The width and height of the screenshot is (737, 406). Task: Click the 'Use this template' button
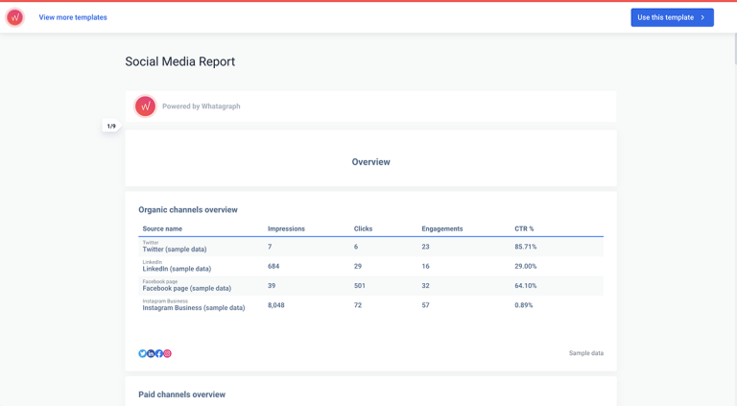(x=672, y=17)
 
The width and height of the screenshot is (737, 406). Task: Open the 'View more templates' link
(x=73, y=17)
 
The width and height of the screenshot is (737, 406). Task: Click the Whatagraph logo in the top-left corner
(x=15, y=17)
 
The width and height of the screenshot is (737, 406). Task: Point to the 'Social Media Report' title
(x=179, y=61)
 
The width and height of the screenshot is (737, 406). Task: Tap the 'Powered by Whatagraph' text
(x=201, y=107)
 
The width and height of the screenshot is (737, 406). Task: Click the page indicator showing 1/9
(x=111, y=126)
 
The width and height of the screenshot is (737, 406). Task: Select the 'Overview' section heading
(x=370, y=162)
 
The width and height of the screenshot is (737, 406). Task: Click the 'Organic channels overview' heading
(x=187, y=209)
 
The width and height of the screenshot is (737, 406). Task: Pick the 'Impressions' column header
(x=286, y=228)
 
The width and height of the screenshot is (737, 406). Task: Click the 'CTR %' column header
(x=524, y=228)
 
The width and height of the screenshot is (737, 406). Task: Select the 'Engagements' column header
(x=441, y=228)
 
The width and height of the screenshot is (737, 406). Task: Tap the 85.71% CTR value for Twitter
(x=525, y=247)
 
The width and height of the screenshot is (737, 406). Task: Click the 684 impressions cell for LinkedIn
(x=273, y=266)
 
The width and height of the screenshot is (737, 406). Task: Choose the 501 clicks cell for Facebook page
(x=360, y=286)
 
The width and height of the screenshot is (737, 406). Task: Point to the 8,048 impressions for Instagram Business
(x=275, y=305)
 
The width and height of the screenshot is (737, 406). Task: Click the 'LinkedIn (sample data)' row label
(x=177, y=269)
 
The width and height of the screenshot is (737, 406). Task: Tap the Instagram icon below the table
(x=167, y=353)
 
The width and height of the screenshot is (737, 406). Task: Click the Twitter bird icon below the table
(x=143, y=353)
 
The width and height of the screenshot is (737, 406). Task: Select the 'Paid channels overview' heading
(x=181, y=394)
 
